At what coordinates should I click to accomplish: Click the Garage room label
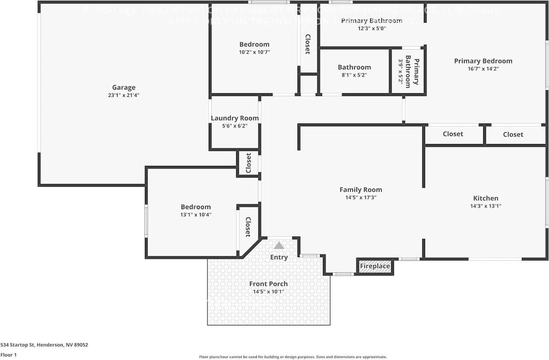click(124, 87)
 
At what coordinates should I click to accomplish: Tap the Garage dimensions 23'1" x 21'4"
click(124, 95)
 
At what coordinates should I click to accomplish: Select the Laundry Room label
click(235, 118)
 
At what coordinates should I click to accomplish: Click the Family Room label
click(360, 190)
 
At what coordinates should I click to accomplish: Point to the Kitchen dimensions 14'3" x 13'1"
click(486, 206)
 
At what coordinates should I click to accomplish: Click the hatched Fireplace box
click(375, 266)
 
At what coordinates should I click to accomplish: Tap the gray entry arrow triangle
click(279, 246)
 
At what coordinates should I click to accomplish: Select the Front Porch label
click(268, 284)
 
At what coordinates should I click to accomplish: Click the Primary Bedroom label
click(483, 61)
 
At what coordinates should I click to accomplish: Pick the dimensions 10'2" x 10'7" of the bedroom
click(254, 52)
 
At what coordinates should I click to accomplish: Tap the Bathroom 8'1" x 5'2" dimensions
click(354, 75)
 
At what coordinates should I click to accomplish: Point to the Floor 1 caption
click(9, 355)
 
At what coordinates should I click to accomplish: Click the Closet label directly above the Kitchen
click(513, 134)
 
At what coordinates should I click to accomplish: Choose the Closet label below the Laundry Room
click(248, 163)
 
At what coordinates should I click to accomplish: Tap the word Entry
click(279, 257)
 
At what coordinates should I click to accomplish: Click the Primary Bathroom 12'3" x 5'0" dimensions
click(371, 28)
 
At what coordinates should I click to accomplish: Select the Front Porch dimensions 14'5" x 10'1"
click(268, 291)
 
